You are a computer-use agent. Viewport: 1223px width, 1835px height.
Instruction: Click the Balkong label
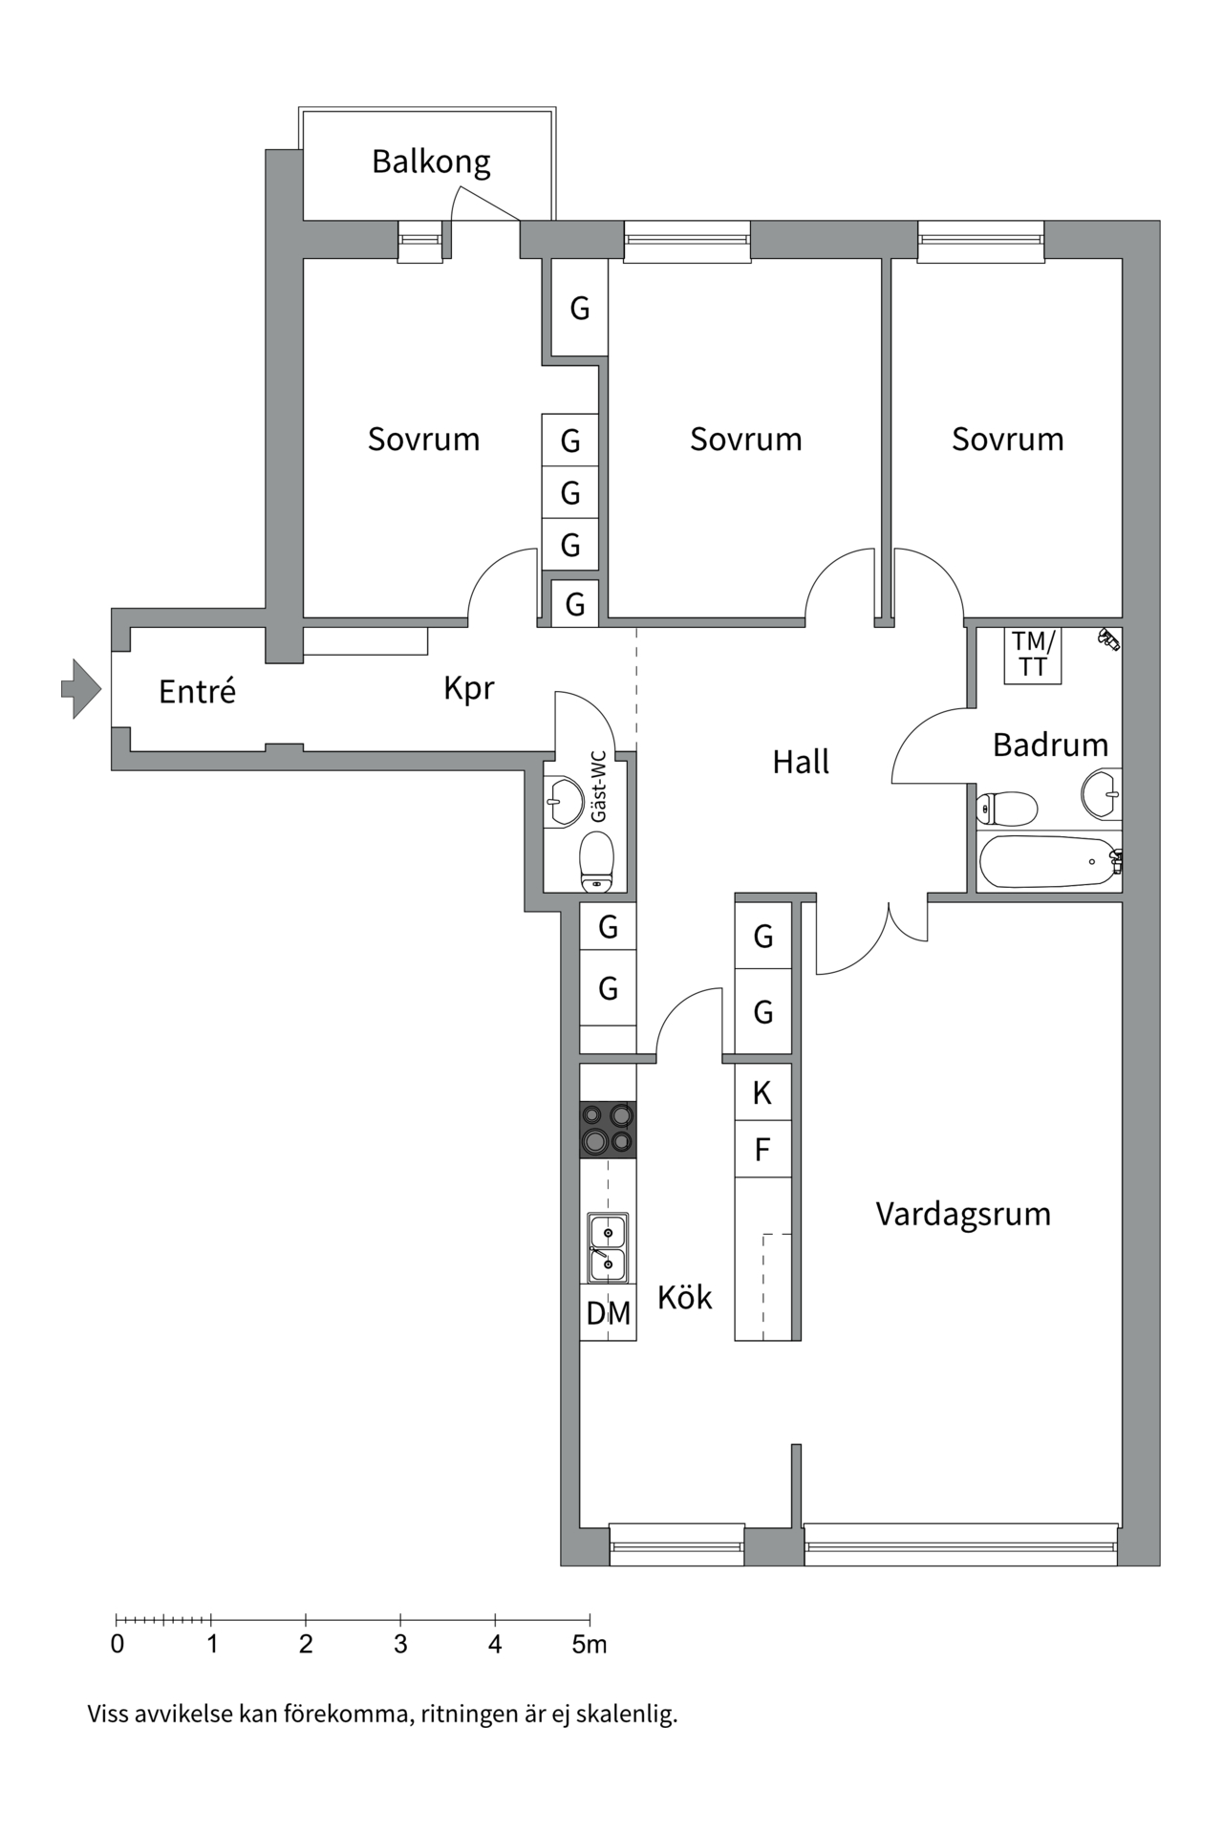click(431, 162)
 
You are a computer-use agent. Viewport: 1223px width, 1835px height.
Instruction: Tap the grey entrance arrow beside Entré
click(81, 688)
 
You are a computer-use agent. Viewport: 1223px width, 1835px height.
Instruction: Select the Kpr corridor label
click(468, 688)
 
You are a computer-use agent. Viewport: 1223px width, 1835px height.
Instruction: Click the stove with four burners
click(608, 1129)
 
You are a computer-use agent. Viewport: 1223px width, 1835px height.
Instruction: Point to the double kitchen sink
click(607, 1248)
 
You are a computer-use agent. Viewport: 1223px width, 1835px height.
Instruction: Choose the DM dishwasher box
click(608, 1313)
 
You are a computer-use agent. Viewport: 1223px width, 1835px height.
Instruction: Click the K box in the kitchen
click(762, 1092)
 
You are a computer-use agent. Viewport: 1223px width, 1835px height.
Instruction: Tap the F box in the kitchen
click(762, 1149)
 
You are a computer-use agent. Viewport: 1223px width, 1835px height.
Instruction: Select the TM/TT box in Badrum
click(1033, 655)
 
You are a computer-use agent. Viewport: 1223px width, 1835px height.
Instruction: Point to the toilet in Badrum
click(1007, 809)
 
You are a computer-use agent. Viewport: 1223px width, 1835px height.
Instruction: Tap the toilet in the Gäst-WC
click(597, 859)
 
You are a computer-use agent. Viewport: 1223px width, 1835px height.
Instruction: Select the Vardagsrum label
click(962, 1214)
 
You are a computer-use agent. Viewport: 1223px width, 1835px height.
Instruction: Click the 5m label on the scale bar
click(590, 1645)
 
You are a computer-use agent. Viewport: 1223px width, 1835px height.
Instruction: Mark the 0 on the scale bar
click(118, 1645)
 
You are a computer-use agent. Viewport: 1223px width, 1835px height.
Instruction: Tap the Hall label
click(800, 762)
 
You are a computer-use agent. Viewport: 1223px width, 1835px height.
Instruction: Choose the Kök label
click(684, 1297)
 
